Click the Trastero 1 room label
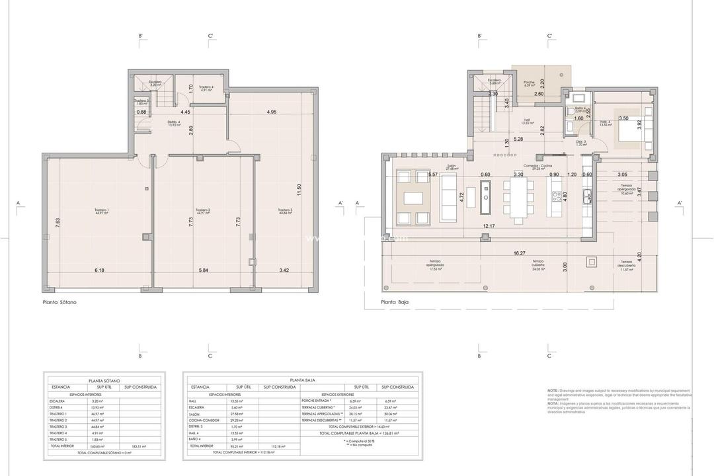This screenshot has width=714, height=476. (x=101, y=212)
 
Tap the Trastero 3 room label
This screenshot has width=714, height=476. (x=286, y=212)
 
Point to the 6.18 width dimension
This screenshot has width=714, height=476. (x=100, y=270)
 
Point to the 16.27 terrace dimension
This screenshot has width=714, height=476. (x=518, y=253)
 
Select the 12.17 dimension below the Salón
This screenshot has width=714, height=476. (x=489, y=226)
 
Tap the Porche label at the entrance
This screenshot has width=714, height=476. (x=528, y=83)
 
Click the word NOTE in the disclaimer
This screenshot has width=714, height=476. (x=553, y=391)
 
